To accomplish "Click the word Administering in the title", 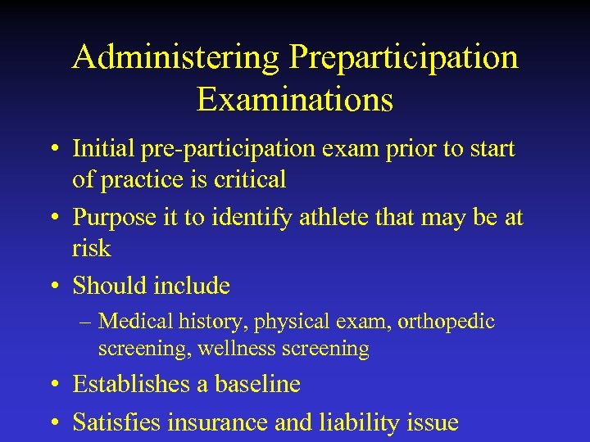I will (175, 58).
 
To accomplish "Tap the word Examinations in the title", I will (295, 100).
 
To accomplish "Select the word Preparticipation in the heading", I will (403, 58).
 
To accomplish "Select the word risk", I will (91, 246).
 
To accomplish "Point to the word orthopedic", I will (446, 322).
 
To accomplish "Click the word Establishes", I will (137, 384).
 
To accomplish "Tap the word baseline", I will (260, 384).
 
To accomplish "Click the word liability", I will (356, 422).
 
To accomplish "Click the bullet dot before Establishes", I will (54, 385).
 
